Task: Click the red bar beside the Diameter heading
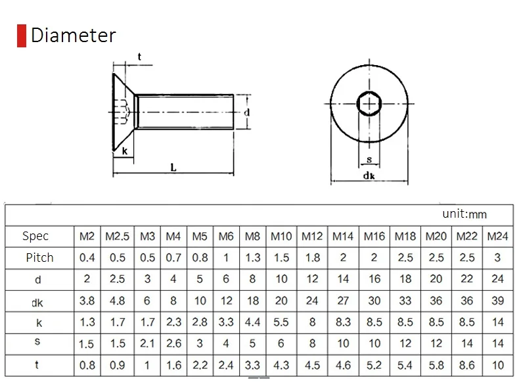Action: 22,36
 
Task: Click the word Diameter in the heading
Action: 74,35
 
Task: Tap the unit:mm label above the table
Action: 464,214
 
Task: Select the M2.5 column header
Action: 117,236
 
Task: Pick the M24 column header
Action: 497,236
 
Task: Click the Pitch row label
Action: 39,257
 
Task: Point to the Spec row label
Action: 35,236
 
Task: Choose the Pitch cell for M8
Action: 252,257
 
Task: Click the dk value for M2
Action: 87,301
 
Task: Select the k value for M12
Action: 312,322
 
